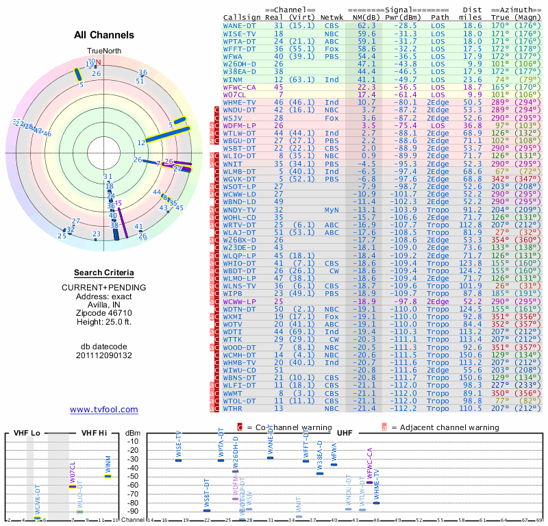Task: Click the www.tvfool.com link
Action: coord(104,410)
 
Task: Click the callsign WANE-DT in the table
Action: coord(240,25)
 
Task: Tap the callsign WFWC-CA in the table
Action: coord(240,87)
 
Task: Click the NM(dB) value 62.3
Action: coord(366,25)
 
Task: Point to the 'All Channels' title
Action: coord(104,35)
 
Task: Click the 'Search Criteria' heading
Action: coord(104,272)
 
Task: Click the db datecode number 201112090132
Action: coord(104,355)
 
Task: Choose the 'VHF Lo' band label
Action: coord(26,433)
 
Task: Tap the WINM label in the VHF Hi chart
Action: coord(108,463)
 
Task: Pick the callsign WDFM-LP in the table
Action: coord(240,125)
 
